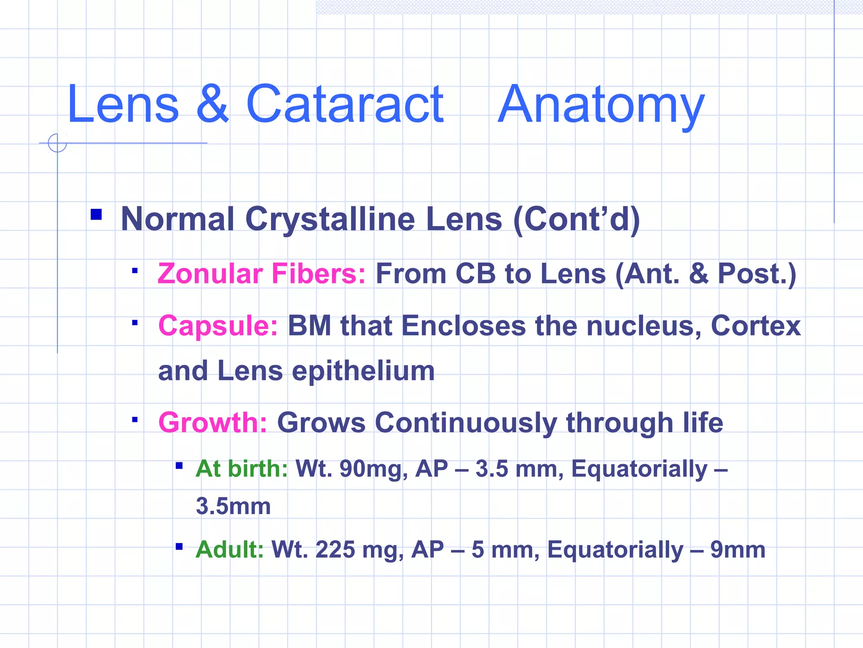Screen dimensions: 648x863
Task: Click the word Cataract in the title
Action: (344, 104)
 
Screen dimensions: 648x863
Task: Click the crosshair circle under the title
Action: (57, 143)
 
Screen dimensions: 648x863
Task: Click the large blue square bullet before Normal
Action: (96, 214)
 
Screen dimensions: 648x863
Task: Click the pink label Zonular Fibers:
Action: (261, 274)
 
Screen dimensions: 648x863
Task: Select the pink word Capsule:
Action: (218, 326)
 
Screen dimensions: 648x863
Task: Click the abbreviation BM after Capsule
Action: (309, 326)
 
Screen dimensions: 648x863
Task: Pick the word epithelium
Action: (363, 371)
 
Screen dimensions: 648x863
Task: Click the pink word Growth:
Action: (212, 423)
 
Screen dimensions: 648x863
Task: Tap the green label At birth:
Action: (241, 469)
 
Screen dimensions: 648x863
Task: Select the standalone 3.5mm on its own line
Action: (233, 506)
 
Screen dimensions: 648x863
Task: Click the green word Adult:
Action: (230, 550)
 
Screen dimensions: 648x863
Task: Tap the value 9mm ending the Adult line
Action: (737, 550)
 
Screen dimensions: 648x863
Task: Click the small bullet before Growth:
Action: (135, 420)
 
